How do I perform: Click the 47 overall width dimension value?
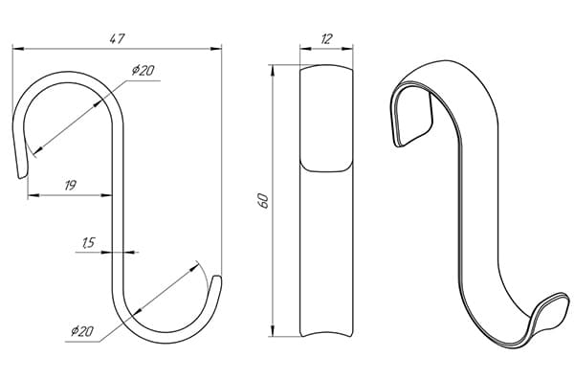[x=118, y=38]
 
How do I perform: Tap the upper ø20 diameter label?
[x=143, y=70]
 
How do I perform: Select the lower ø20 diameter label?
[x=82, y=331]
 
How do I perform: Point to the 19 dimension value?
[x=70, y=186]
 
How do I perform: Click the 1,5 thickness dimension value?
[x=89, y=242]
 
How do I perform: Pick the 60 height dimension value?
[x=264, y=201]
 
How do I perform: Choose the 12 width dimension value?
[x=326, y=39]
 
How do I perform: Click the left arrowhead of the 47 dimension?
[x=18, y=49]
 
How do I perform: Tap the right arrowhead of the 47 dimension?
[x=216, y=49]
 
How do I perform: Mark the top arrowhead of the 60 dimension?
[x=272, y=71]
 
